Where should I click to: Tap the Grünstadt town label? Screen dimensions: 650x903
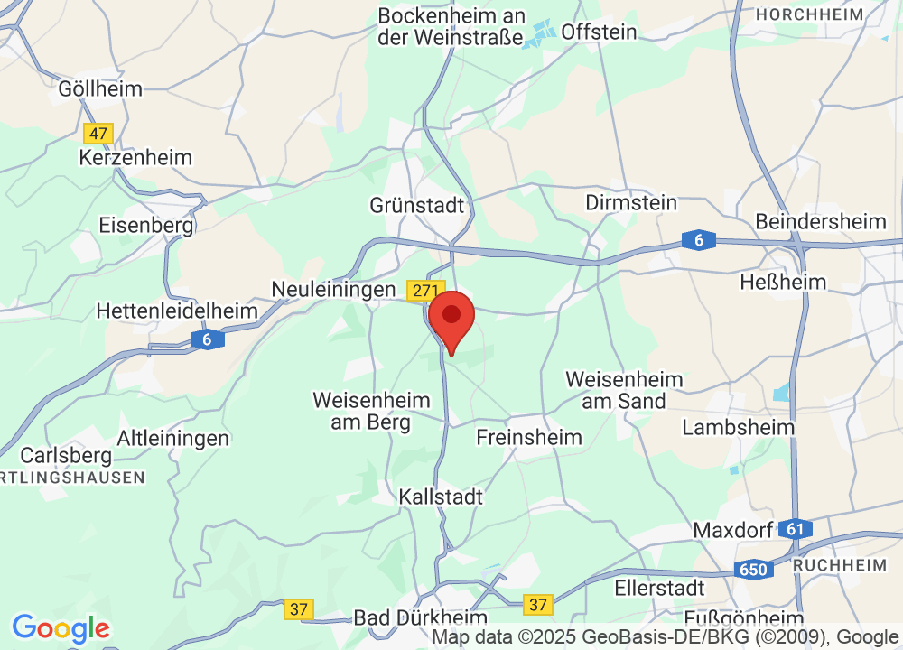(416, 205)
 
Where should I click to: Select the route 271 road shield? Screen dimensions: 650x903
(425, 291)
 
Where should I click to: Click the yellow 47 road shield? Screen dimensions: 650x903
(98, 134)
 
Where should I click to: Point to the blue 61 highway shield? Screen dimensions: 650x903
(795, 529)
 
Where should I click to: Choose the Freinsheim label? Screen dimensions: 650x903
(529, 437)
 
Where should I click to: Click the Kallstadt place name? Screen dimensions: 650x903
(441, 497)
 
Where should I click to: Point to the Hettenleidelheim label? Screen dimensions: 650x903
(177, 311)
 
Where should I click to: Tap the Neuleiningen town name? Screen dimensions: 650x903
(334, 289)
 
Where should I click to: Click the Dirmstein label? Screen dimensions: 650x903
(631, 202)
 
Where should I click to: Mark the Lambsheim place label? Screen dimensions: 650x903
(738, 427)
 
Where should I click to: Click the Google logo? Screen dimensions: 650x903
(61, 628)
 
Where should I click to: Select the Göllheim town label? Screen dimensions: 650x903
(100, 88)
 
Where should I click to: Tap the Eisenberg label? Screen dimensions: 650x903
(146, 224)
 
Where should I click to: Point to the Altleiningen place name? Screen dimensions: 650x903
(173, 439)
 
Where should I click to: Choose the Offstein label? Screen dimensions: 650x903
(599, 32)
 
